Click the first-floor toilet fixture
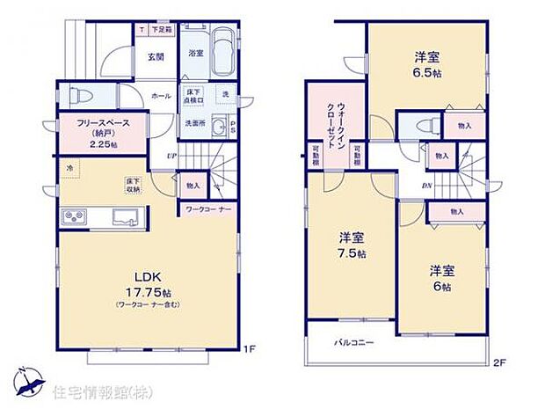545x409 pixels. tap(75, 94)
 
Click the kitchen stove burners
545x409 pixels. tap(74, 216)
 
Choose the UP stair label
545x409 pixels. tap(173, 157)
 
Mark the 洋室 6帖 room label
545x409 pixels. tap(440, 277)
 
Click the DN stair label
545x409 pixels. tap(426, 186)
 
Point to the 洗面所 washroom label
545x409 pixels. tap(195, 123)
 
